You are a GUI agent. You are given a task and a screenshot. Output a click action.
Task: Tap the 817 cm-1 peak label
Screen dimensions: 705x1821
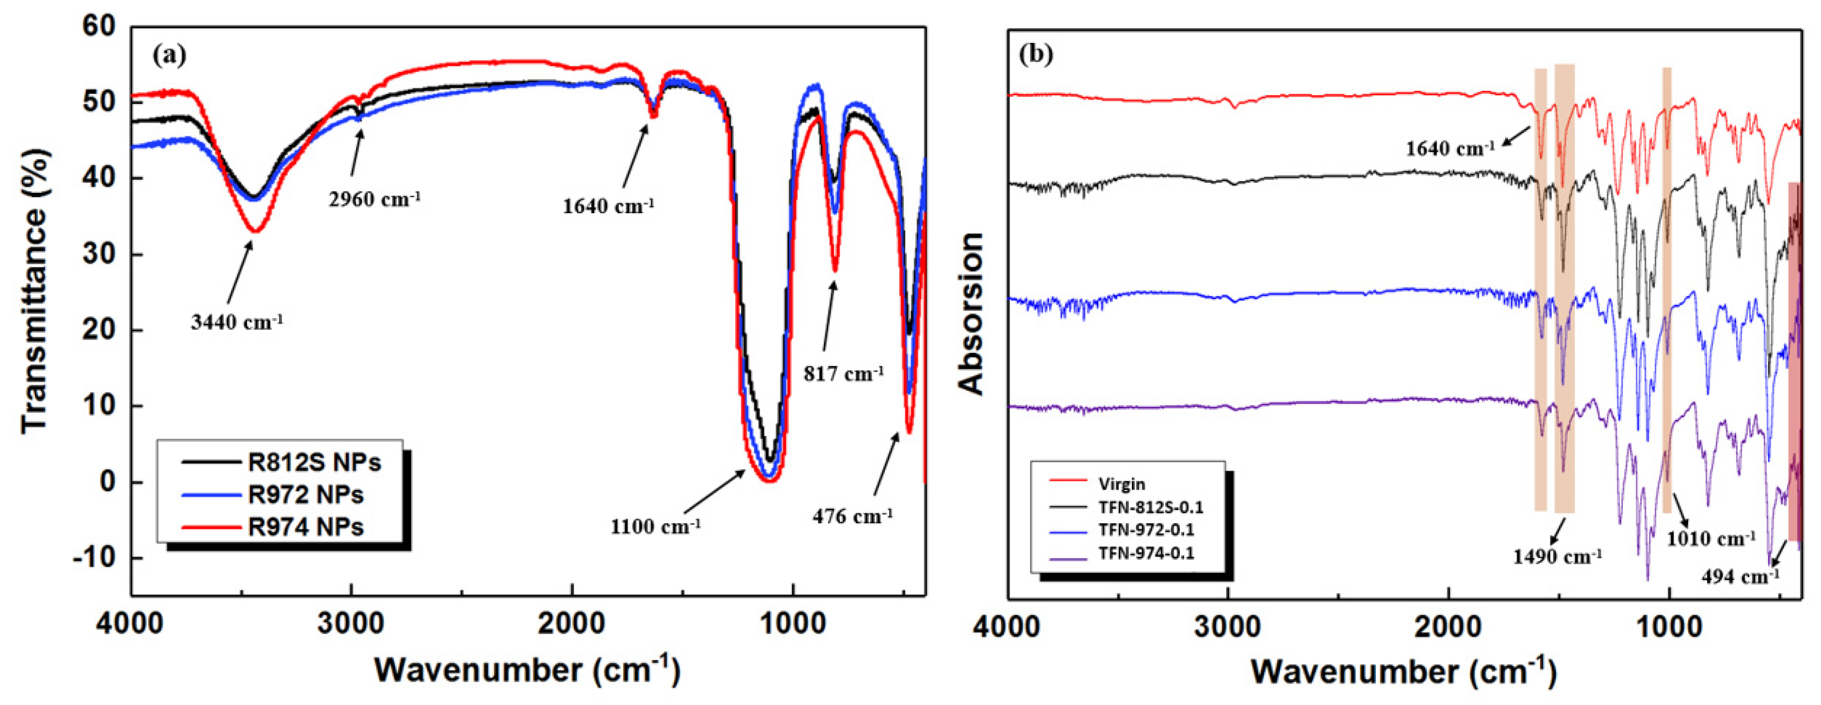click(843, 374)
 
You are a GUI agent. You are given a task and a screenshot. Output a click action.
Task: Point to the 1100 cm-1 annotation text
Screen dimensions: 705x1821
click(655, 527)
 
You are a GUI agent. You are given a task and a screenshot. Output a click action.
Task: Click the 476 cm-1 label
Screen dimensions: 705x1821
click(852, 517)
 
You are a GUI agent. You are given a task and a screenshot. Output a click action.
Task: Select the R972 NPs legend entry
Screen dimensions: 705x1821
click(305, 494)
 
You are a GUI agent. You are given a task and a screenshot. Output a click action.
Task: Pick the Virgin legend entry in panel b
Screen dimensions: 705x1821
click(1121, 484)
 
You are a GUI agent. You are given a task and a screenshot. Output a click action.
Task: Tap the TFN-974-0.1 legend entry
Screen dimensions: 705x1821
click(1146, 553)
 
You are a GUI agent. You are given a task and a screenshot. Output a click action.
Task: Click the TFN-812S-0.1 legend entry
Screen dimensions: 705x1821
click(1150, 507)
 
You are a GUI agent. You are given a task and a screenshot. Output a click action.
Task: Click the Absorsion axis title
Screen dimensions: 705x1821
click(972, 313)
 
